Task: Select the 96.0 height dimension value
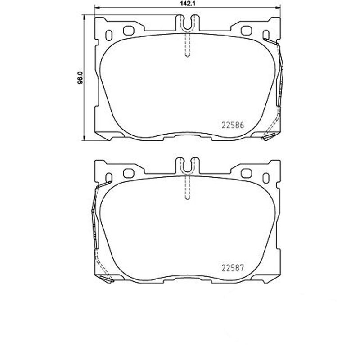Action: pos(81,77)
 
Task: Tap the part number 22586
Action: pos(233,126)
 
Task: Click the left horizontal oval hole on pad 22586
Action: pos(129,31)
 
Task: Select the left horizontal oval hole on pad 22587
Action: pos(129,172)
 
